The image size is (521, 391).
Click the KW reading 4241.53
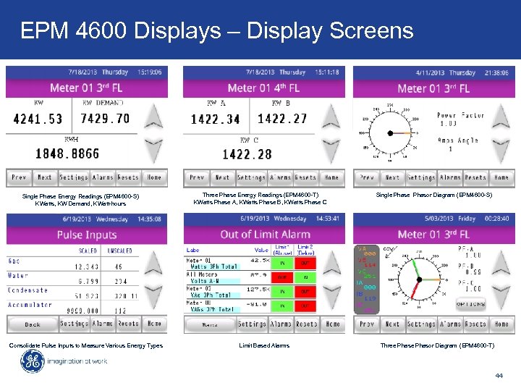point(38,119)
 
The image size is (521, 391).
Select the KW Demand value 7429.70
point(105,119)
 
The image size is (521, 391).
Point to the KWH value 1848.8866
point(69,154)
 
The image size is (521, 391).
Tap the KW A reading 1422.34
point(215,119)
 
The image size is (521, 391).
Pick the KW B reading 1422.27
point(282,119)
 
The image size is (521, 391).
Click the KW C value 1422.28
point(247,154)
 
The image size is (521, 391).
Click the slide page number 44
point(499,376)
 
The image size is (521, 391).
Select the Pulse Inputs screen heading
point(86,235)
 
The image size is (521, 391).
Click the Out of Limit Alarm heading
point(265,235)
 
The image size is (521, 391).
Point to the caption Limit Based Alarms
point(264,345)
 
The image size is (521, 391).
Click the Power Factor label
point(461,115)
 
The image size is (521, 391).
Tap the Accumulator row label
point(30,305)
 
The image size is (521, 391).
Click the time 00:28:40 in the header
point(497,218)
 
